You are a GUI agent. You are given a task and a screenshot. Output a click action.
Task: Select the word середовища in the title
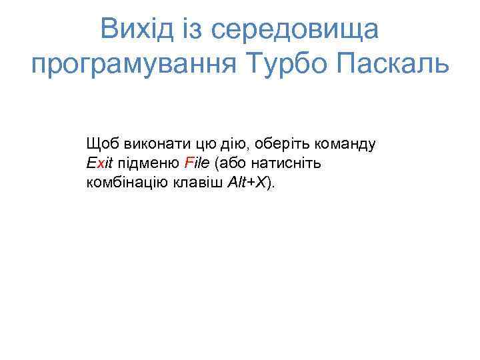(x=305, y=30)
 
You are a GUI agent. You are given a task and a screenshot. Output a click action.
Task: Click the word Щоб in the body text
(x=99, y=143)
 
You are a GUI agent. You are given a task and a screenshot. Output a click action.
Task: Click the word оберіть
(x=272, y=143)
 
